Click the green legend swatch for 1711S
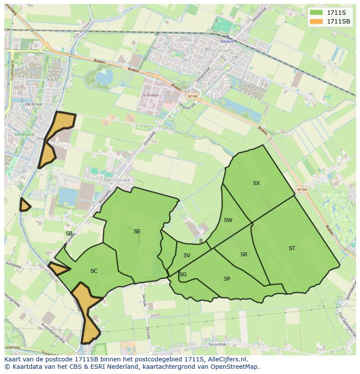point(317,13)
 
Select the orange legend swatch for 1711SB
point(317,21)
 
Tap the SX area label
point(257,183)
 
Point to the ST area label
point(292,248)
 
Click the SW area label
point(228,220)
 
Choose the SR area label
point(244,255)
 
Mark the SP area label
point(227,279)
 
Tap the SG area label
point(183,275)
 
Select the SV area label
point(187,255)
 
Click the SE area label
point(137,232)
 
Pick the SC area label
point(94,271)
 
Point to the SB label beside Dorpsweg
point(69,234)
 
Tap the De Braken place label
point(150,96)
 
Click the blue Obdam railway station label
point(227,42)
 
